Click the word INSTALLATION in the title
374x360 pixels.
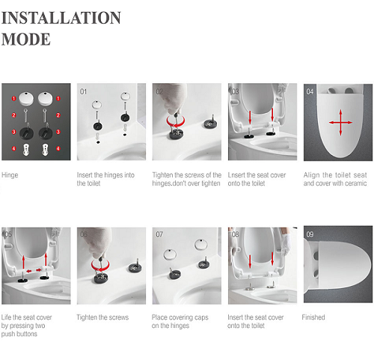click(x=61, y=18)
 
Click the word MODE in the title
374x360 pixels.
click(x=26, y=39)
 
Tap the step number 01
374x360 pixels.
click(x=83, y=91)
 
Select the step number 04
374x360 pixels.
click(x=310, y=91)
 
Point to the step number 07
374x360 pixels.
click(x=159, y=234)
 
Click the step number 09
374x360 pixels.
click(x=310, y=234)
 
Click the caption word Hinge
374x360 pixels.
click(x=10, y=175)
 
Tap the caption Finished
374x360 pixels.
click(x=313, y=317)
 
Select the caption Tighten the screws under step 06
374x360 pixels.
click(x=102, y=317)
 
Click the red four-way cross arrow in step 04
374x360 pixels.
click(x=340, y=122)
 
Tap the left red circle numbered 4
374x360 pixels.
click(x=14, y=149)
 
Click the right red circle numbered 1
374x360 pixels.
click(x=58, y=98)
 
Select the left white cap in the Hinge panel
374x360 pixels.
click(x=26, y=99)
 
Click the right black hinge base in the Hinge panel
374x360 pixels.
click(x=46, y=132)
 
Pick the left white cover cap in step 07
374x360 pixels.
click(x=171, y=254)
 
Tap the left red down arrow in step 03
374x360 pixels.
click(x=250, y=118)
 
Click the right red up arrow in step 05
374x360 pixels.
click(x=46, y=260)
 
